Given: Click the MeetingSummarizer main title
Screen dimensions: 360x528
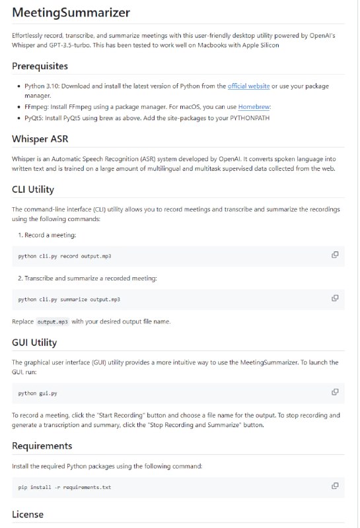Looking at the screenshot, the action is pos(71,13).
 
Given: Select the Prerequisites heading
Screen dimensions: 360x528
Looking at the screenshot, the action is pos(40,66).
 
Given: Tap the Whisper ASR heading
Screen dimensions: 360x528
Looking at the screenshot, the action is pos(41,139).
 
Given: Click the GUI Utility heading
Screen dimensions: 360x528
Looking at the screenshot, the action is pos(34,343).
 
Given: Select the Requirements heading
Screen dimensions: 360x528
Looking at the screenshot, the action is pos(42,446).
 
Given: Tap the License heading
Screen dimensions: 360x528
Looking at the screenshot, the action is pos(28,514).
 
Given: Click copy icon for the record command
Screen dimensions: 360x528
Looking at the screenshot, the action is pos(335,255).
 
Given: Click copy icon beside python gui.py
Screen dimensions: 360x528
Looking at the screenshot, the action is pos(335,392).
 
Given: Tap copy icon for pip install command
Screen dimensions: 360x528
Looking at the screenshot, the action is pos(335,486).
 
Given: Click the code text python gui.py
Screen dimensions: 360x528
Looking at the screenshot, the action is pos(38,393).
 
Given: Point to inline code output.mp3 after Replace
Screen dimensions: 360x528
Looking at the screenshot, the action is pos(52,321).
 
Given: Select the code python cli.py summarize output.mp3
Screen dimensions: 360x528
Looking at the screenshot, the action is pos(69,300).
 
